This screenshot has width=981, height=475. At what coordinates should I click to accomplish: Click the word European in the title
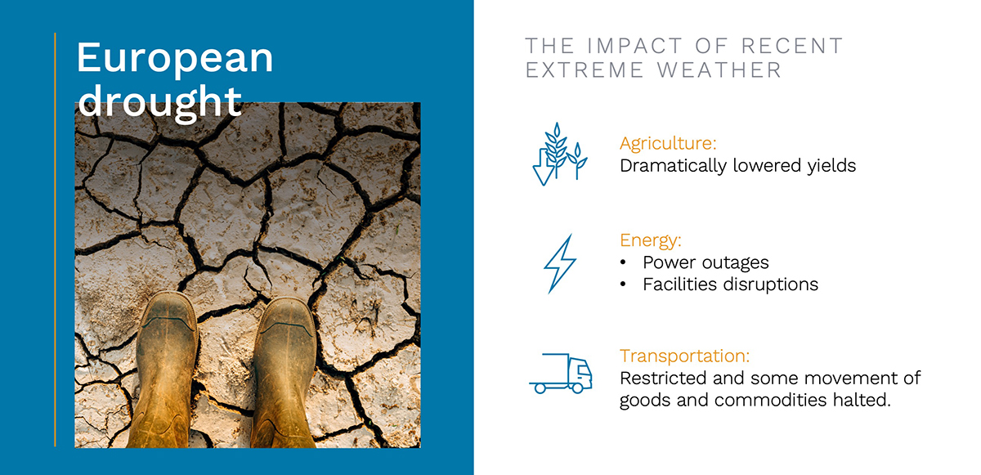pos(175,60)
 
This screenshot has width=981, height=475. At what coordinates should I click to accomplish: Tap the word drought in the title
pos(160,101)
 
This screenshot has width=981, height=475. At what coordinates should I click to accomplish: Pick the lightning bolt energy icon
pos(560,264)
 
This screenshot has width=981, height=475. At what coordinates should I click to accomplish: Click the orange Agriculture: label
pos(668,144)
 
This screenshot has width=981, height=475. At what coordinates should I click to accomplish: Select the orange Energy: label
pos(651,240)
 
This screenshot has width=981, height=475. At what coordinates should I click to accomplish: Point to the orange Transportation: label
pos(684,356)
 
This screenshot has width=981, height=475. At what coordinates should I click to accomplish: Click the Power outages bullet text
pos(706,262)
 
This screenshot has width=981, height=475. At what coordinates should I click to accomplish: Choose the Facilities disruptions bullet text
pos(730,285)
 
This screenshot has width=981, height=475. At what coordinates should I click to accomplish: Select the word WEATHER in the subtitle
pos(719,70)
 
